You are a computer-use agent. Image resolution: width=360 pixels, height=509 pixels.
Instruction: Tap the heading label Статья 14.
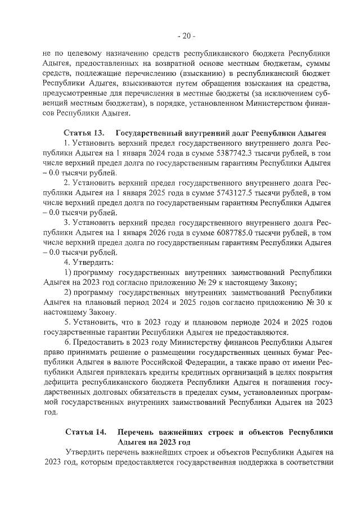85,432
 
